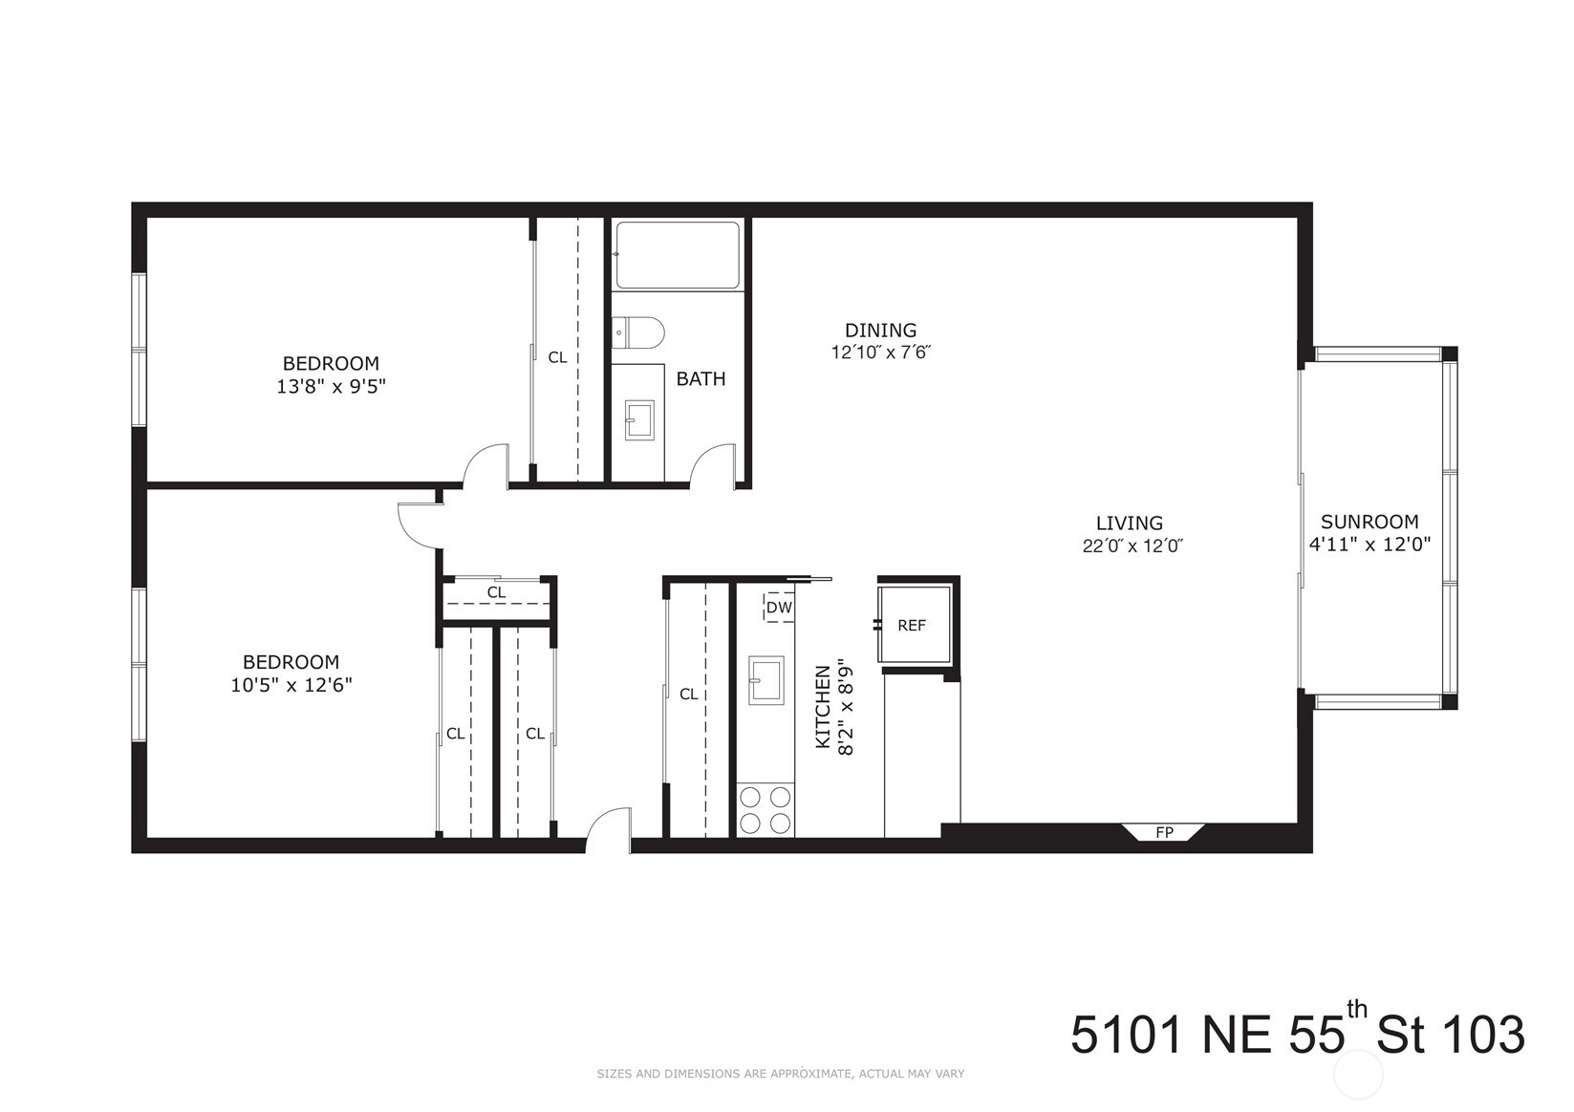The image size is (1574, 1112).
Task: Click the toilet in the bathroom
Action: pyautogui.click(x=637, y=333)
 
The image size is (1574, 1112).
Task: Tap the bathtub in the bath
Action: pyautogui.click(x=678, y=255)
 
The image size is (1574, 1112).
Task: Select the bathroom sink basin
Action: pyautogui.click(x=639, y=420)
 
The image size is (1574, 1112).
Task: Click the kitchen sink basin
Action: pyautogui.click(x=765, y=680)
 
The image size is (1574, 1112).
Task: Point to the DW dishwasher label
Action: pyautogui.click(x=779, y=608)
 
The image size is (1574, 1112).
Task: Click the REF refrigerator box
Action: pyautogui.click(x=914, y=625)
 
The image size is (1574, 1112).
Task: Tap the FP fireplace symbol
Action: pyautogui.click(x=1164, y=832)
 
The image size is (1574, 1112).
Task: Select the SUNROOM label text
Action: pyautogui.click(x=1369, y=522)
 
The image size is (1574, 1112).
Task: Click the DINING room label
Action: pyautogui.click(x=880, y=331)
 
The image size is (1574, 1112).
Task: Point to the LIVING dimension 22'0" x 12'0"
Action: pyautogui.click(x=1133, y=545)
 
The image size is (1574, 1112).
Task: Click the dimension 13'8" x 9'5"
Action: pyautogui.click(x=331, y=386)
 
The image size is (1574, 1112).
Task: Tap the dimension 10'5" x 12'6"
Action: pyautogui.click(x=291, y=685)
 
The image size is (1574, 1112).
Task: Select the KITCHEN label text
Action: pyautogui.click(x=822, y=707)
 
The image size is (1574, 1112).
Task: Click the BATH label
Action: pyautogui.click(x=701, y=379)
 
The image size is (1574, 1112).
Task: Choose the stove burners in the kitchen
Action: pyautogui.click(x=765, y=810)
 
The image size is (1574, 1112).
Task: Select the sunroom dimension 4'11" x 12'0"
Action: pyautogui.click(x=1369, y=545)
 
